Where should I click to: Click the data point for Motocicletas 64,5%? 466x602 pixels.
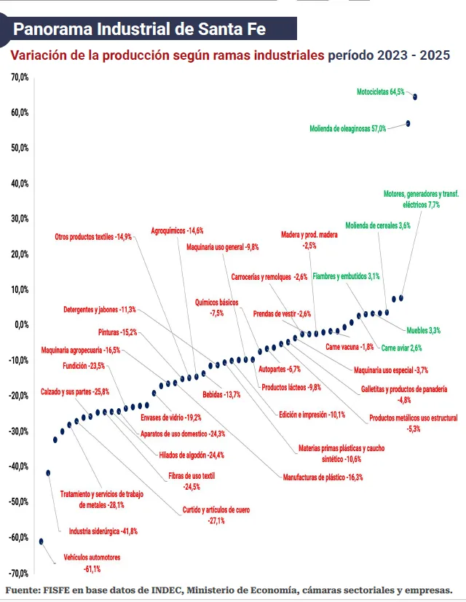[415, 96]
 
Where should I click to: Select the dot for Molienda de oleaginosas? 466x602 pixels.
[408, 123]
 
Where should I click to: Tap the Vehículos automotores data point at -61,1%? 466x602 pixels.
[42, 542]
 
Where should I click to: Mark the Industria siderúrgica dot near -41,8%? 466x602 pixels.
[48, 472]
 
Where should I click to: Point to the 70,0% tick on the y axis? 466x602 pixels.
[19, 77]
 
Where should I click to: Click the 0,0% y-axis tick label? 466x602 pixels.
[20, 324]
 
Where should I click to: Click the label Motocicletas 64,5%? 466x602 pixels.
[380, 93]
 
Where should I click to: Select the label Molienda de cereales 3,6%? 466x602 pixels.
[379, 225]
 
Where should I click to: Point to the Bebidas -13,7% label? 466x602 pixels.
[221, 394]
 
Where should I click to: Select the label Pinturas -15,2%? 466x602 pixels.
[118, 332]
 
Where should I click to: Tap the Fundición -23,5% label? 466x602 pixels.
[84, 366]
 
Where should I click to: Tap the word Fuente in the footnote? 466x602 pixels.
[23, 590]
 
